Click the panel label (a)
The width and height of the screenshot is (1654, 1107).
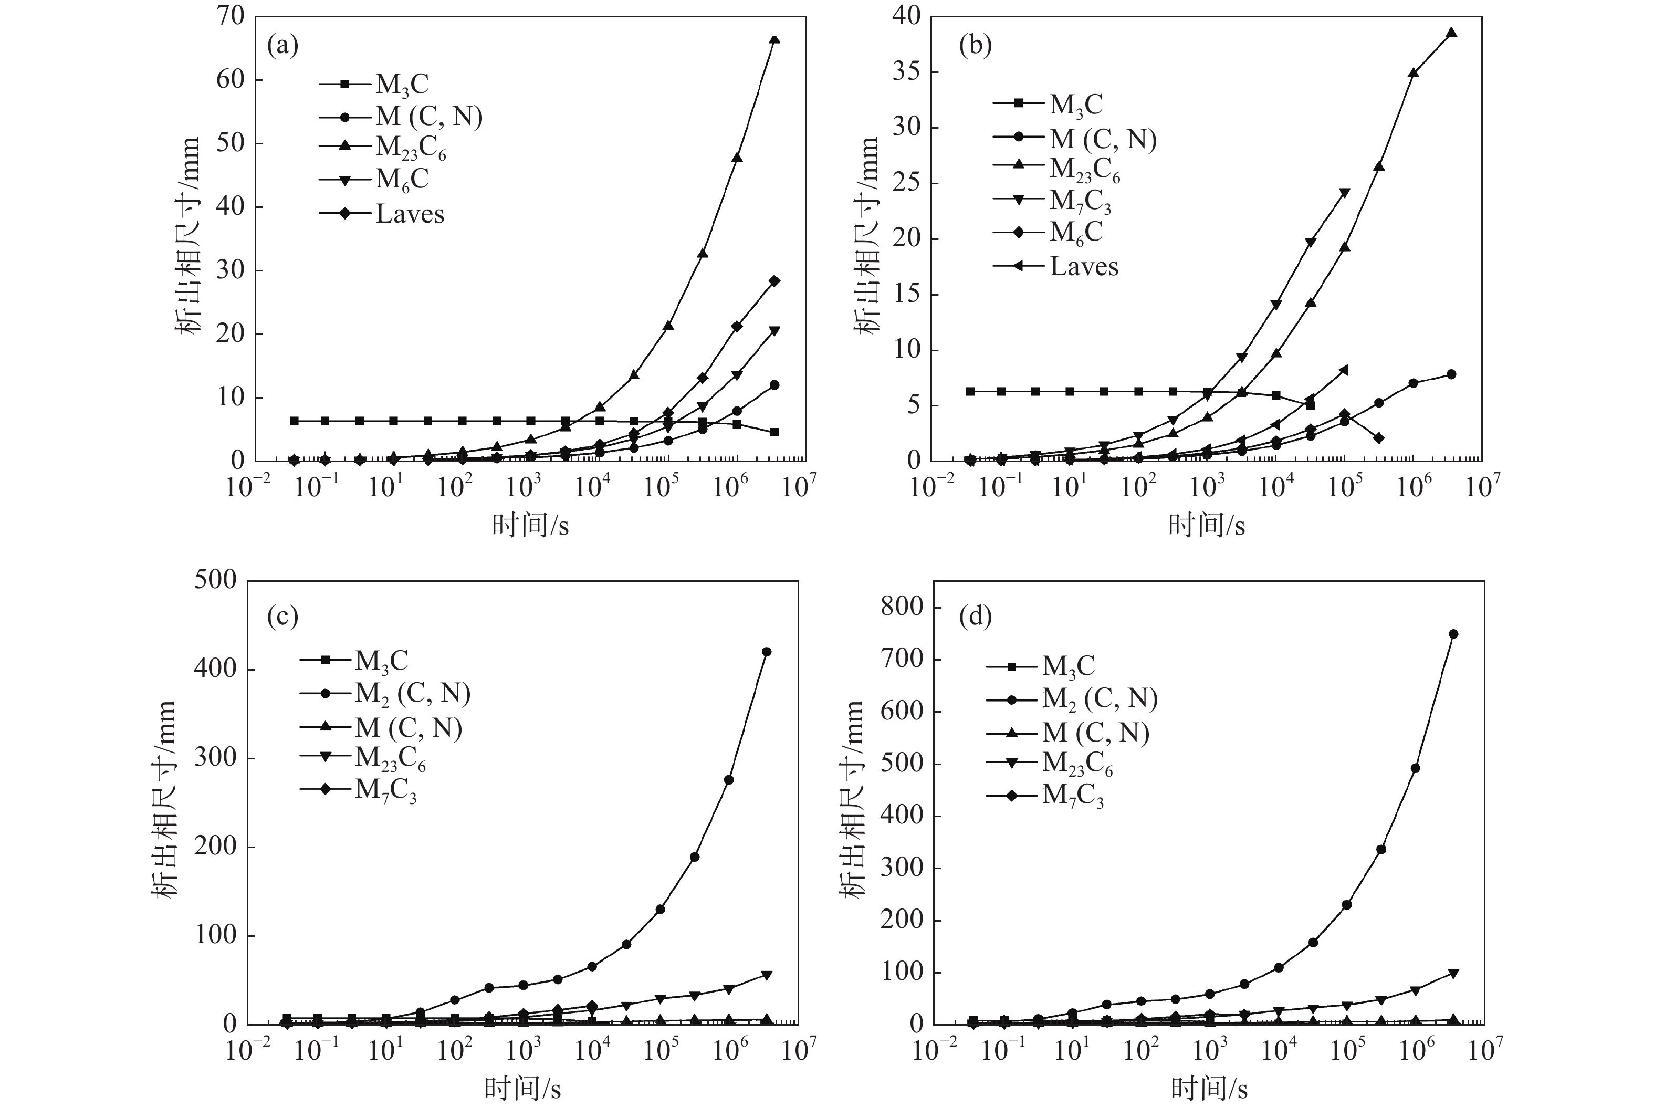point(282,47)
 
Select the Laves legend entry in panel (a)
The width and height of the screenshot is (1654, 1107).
point(410,214)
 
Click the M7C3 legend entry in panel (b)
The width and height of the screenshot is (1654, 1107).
point(1080,201)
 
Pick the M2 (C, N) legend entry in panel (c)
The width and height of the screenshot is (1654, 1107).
point(412,693)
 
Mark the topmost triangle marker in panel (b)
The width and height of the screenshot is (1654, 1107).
point(1451,33)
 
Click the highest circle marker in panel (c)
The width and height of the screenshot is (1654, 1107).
point(767,652)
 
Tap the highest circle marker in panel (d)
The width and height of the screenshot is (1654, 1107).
point(1453,634)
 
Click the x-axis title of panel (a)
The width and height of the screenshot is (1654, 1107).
point(530,525)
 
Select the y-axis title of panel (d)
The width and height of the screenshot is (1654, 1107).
point(852,799)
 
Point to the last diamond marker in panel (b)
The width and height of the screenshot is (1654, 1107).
point(1379,438)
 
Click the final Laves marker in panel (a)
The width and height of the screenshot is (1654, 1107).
point(774,281)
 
